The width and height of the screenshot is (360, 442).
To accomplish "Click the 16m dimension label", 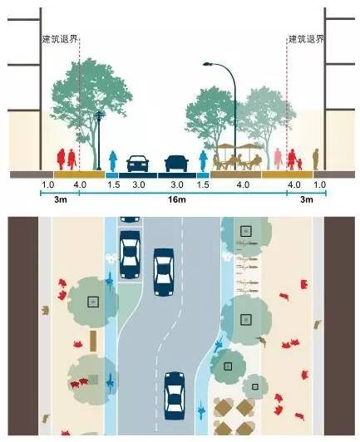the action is (x=177, y=199).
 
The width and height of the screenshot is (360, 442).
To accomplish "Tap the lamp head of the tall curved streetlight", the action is (x=208, y=65).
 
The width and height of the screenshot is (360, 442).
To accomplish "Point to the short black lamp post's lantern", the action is (x=99, y=115).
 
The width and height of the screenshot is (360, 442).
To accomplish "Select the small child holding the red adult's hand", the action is (x=299, y=164).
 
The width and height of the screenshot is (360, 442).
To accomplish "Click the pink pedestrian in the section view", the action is (x=279, y=159).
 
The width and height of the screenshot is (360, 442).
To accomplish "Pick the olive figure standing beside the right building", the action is (x=316, y=159).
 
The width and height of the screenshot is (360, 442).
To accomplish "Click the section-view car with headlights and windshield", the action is (x=138, y=164).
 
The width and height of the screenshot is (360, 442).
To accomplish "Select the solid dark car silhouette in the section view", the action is (x=176, y=164).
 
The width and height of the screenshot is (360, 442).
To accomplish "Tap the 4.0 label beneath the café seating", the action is (x=243, y=184).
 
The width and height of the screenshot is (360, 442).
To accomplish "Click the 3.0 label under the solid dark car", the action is (x=177, y=184).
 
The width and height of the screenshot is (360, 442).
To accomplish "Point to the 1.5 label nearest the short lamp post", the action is (x=114, y=184).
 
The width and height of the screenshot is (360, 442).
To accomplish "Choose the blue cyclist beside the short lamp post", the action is (x=113, y=160).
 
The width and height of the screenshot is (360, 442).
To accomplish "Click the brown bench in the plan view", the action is (x=93, y=341).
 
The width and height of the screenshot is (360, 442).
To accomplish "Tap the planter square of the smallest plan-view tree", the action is (x=255, y=386).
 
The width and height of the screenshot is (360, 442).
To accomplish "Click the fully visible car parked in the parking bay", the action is (x=130, y=254).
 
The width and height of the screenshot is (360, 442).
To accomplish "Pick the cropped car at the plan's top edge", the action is (x=130, y=219).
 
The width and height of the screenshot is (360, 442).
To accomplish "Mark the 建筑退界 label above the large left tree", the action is (x=60, y=39).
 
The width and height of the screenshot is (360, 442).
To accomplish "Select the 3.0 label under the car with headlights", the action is (x=139, y=184).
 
